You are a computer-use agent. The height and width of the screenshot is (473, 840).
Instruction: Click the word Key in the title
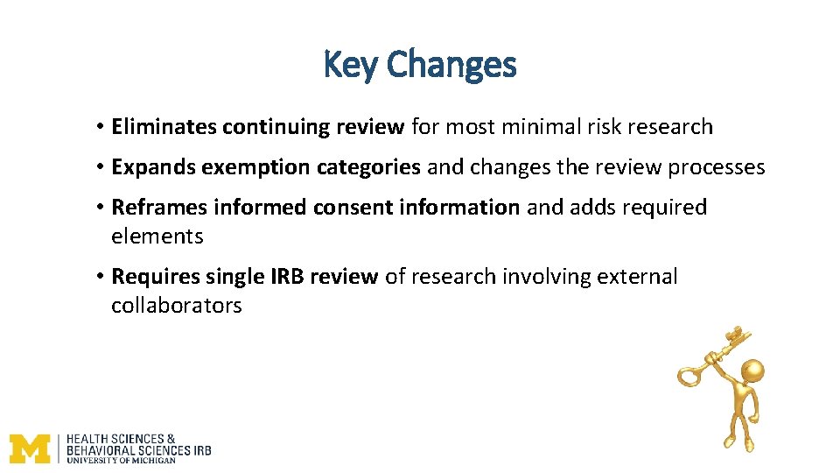tap(351, 64)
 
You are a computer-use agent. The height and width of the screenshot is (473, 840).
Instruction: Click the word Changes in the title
tap(451, 64)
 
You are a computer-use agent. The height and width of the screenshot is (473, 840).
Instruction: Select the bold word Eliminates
tap(164, 127)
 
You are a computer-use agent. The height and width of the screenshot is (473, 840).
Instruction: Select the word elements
tap(157, 236)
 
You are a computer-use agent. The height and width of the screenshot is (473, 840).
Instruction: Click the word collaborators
tap(176, 306)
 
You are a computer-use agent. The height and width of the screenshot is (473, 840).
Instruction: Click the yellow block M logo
tap(31, 448)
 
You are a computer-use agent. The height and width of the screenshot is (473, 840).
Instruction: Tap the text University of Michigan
tap(122, 460)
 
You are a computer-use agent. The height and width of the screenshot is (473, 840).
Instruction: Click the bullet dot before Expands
tap(101, 167)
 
